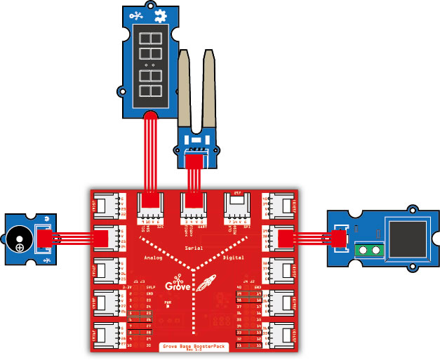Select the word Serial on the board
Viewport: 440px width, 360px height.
pyautogui.click(x=193, y=248)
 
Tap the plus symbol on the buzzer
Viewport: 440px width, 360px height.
pyautogui.click(x=21, y=247)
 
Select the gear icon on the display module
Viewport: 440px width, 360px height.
pyautogui.click(x=161, y=14)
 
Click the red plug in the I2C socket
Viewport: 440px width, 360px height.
pyautogui.click(x=149, y=203)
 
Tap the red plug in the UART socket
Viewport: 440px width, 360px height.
pyautogui.click(x=192, y=203)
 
